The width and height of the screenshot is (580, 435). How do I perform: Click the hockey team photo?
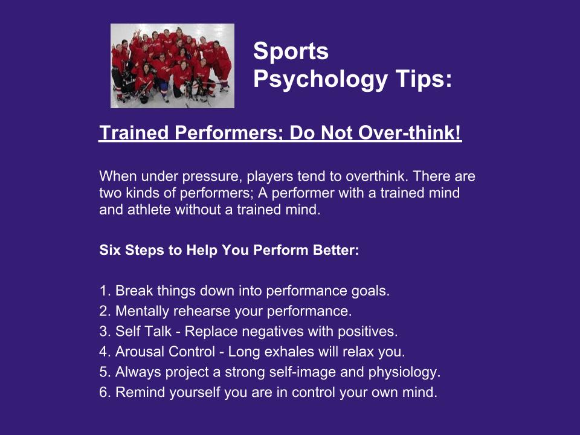172,66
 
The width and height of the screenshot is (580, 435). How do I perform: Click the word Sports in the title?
291,51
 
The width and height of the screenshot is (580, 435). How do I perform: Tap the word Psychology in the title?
320,80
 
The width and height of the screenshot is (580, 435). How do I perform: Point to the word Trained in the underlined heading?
134,132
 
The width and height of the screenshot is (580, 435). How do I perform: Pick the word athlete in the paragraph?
149,210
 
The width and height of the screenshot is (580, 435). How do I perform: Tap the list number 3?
103,332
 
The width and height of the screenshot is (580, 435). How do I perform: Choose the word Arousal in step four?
140,352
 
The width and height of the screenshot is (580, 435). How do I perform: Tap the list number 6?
103,393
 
